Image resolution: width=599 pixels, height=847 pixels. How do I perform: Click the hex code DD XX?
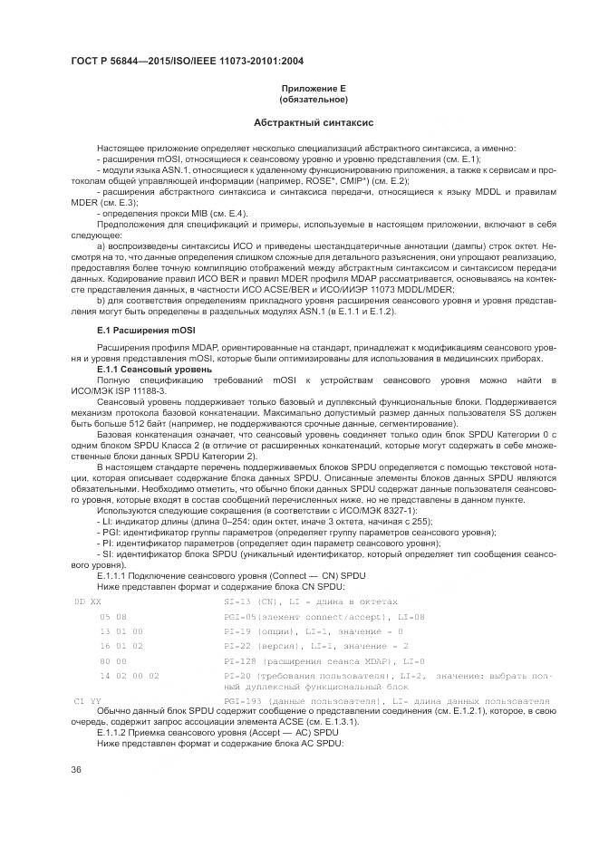[x=87, y=600]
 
